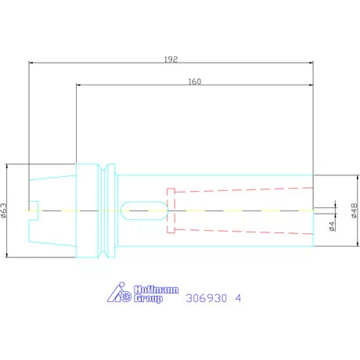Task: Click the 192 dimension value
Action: (x=171, y=59)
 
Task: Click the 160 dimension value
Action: (x=195, y=81)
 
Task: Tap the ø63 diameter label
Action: (x=4, y=211)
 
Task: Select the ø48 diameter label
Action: (x=355, y=211)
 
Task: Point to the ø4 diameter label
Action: (x=332, y=226)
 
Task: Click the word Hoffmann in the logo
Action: (x=157, y=290)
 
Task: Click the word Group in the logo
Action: (x=148, y=298)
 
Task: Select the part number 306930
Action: (x=207, y=298)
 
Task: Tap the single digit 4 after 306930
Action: (x=239, y=298)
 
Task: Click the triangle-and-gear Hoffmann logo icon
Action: (x=120, y=293)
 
